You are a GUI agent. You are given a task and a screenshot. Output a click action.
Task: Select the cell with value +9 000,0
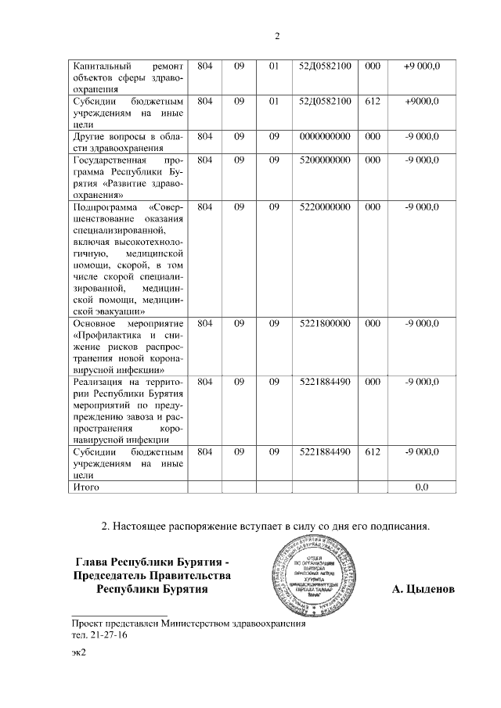click(x=421, y=66)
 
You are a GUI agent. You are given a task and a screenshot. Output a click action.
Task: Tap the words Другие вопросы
click(x=110, y=136)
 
